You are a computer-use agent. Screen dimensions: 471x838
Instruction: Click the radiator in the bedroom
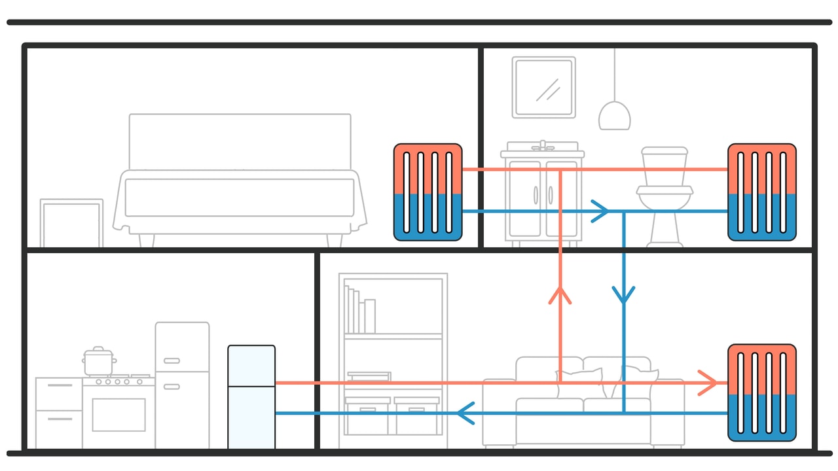point(428,192)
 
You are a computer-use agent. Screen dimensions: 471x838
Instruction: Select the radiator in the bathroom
point(762,192)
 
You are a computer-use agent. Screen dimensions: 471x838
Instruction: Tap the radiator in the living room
point(762,392)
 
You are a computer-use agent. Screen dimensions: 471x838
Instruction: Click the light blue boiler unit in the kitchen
point(251,396)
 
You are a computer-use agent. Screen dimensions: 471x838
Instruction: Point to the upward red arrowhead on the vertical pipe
point(560,295)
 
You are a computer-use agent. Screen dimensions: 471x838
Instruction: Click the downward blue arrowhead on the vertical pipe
point(623,294)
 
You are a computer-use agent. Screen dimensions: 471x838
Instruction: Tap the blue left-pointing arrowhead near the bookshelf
point(465,413)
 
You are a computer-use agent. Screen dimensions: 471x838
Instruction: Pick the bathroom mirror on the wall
point(544,87)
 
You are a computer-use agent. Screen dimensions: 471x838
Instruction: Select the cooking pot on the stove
point(99,361)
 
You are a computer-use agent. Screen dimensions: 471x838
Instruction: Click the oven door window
point(118,415)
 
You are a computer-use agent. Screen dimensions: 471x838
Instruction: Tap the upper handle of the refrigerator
point(172,360)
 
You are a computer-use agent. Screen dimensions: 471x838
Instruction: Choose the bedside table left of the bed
point(71,224)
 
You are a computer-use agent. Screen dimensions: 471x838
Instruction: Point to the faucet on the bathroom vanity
point(542,145)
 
